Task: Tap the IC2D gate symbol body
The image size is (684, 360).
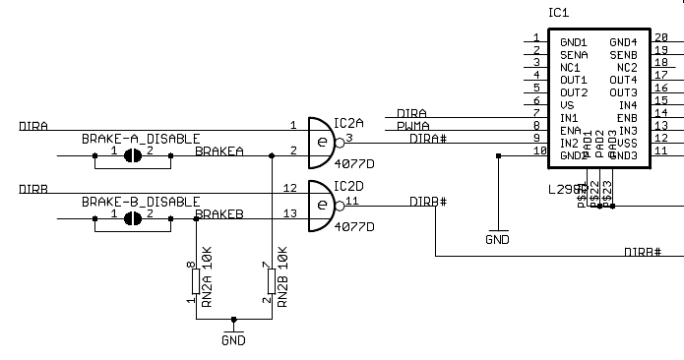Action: [x=321, y=205]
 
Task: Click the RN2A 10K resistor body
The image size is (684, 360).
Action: [x=195, y=283]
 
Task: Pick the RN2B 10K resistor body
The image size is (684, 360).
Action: [x=271, y=283]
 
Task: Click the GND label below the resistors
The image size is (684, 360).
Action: [x=233, y=340]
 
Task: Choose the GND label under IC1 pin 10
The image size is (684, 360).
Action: [x=498, y=239]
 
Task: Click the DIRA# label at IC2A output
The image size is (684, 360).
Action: [x=428, y=139]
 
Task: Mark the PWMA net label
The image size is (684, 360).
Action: [x=412, y=126]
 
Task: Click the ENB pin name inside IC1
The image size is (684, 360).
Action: [x=627, y=118]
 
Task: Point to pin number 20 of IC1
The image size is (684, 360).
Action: [x=660, y=37]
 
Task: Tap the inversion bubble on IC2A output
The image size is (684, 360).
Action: [x=340, y=141]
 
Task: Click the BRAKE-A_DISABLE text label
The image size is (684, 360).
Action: [x=141, y=139]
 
